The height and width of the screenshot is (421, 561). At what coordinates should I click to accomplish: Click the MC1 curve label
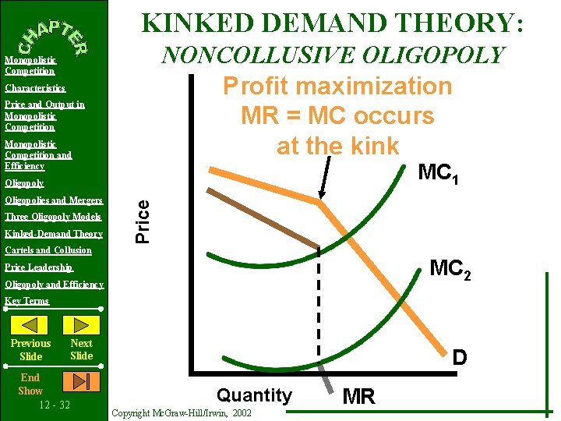tap(438, 174)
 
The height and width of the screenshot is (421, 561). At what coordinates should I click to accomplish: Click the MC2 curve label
tap(450, 269)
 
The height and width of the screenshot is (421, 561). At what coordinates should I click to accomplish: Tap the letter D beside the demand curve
tap(460, 358)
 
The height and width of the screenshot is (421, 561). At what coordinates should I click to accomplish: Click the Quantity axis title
tap(254, 395)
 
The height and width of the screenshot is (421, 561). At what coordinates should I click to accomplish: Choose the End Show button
tap(30, 384)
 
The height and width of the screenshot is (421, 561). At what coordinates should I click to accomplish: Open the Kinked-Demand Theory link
tap(54, 234)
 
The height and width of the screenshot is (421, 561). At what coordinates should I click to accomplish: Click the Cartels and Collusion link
tap(48, 251)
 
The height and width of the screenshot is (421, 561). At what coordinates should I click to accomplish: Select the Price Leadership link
tap(39, 267)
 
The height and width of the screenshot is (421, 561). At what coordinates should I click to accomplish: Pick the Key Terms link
tap(26, 301)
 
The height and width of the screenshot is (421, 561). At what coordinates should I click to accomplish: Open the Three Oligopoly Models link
tap(53, 217)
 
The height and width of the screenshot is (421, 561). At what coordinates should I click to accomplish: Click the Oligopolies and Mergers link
tap(54, 200)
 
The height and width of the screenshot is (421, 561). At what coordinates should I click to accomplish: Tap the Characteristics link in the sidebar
tap(35, 89)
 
